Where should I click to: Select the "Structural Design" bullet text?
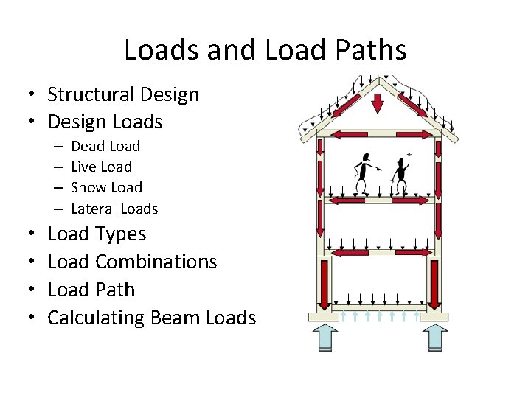[123, 94]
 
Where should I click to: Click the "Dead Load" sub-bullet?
[105, 146]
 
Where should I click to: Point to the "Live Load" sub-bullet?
[101, 167]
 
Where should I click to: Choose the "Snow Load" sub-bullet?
[106, 188]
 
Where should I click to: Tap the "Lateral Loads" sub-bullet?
[114, 209]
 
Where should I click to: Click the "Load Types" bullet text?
[97, 234]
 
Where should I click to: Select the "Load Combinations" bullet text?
[132, 262]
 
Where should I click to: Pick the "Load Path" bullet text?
[91, 290]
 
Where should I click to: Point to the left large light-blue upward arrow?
[326, 337]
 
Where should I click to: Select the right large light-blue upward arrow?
[435, 337]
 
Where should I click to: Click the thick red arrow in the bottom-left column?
[322, 284]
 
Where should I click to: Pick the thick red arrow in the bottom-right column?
[434, 284]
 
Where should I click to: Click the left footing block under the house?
[326, 317]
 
